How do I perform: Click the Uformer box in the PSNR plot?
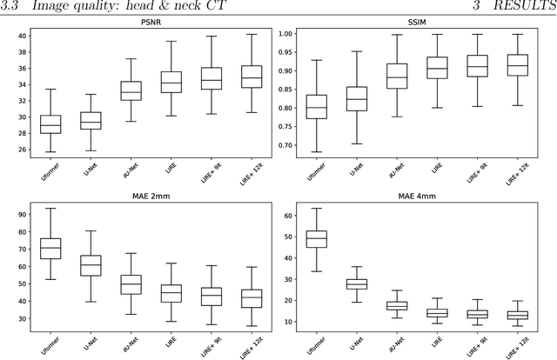click(x=50, y=124)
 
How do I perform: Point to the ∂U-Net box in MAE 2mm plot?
click(x=131, y=284)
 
